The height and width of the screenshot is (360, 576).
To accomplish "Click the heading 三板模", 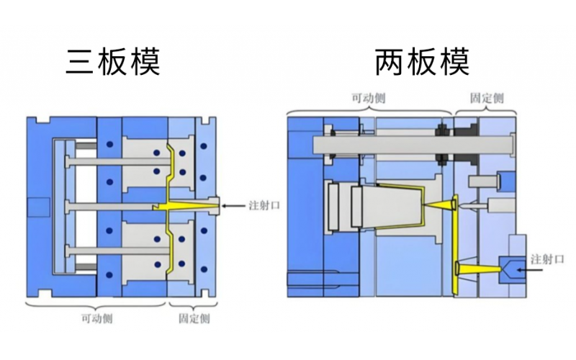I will click(x=113, y=63).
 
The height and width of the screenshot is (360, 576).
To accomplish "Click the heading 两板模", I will click(x=422, y=63).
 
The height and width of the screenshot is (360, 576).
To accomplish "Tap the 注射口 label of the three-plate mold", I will click(x=264, y=206).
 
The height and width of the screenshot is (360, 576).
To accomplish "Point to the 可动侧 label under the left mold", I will click(x=96, y=318).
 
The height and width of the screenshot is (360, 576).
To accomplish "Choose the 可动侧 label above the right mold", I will click(x=367, y=98).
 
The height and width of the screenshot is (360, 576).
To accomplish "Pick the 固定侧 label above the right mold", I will click(x=486, y=98).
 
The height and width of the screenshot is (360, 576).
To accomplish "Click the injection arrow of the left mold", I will click(x=234, y=206).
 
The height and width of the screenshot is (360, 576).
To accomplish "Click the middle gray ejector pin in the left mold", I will click(x=108, y=207).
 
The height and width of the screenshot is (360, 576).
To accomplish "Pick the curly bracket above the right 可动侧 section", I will click(x=369, y=110).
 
